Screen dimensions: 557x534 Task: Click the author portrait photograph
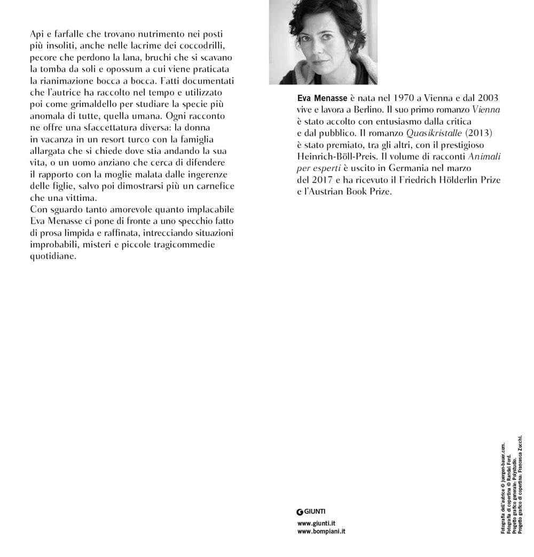(x=323, y=42)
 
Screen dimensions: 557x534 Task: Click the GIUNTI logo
(x=311, y=512)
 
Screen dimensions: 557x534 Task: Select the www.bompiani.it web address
(x=321, y=532)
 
